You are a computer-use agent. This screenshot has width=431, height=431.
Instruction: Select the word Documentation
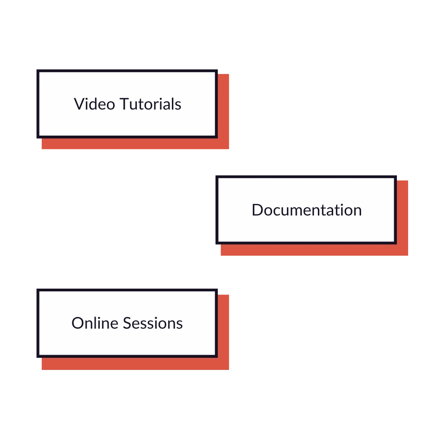click(x=307, y=210)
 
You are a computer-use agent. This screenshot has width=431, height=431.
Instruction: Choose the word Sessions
click(x=153, y=323)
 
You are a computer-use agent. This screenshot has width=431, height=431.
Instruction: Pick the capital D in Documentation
click(x=257, y=210)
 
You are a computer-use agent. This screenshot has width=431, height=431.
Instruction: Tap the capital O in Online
click(x=78, y=323)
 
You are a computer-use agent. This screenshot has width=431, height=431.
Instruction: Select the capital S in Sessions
click(x=127, y=323)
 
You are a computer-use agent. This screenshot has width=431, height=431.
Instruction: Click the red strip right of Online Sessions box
click(x=224, y=325)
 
